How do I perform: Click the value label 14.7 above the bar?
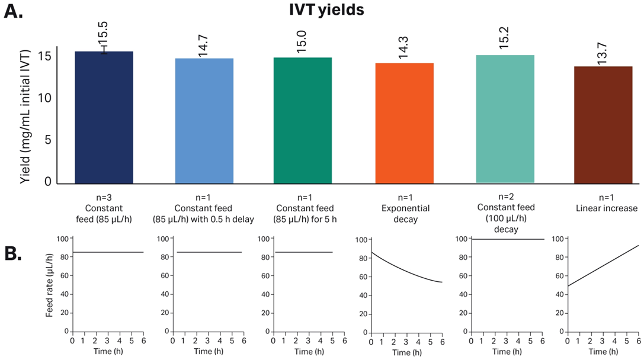tap(203, 46)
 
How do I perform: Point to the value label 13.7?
tap(603, 53)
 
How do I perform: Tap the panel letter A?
tap(13, 12)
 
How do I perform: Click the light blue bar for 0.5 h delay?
tap(204, 121)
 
